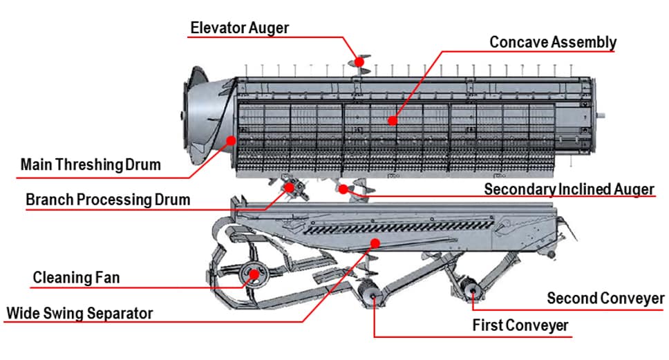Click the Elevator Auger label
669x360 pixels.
pos(239,28)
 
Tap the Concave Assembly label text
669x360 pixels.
pos(553,42)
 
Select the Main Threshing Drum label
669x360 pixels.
pos(91,164)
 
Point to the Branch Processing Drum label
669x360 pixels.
pos(108,200)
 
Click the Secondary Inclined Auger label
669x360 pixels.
pos(569,189)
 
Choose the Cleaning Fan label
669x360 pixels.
pos(77,278)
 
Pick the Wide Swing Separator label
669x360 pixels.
pos(79,314)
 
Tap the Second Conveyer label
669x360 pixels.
pos(606,298)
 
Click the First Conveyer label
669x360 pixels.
pos(520,325)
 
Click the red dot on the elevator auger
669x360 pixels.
pos(359,62)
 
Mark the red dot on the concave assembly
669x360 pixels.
pos(393,121)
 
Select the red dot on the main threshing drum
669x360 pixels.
pos(231,140)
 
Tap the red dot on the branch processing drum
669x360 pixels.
pos(290,187)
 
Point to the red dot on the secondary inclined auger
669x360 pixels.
pos(343,189)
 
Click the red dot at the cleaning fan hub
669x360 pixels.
pos(254,274)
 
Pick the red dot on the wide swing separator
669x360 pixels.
pos(375,243)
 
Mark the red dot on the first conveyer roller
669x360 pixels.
pos(374,296)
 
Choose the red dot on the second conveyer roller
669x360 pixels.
pos(473,291)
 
